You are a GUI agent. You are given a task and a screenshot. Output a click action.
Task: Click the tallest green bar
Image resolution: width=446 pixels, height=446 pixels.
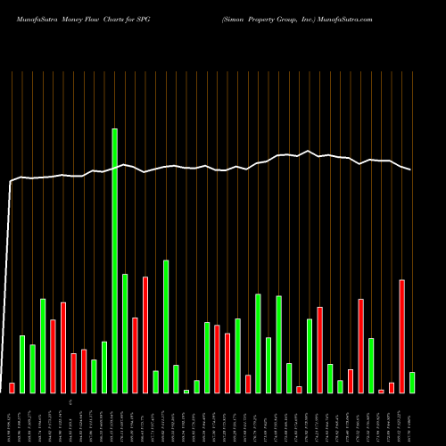(114, 260)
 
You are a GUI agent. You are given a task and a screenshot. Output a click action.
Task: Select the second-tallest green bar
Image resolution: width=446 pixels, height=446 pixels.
(166, 326)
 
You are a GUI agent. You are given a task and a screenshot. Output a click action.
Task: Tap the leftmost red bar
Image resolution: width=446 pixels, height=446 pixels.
(12, 388)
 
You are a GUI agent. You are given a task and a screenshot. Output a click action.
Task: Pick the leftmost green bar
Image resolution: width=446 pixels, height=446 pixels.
(22, 364)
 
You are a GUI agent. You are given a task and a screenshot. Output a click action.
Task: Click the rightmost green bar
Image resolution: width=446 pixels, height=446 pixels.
(412, 383)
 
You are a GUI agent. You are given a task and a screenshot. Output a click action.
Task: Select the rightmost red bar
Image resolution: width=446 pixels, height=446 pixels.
(401, 336)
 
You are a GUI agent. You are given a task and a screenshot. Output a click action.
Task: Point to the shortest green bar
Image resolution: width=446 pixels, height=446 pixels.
(186, 392)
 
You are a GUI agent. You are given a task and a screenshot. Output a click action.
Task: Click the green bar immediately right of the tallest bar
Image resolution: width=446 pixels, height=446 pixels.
(125, 334)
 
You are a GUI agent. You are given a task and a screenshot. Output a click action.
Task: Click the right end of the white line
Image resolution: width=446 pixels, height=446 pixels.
(412, 170)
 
